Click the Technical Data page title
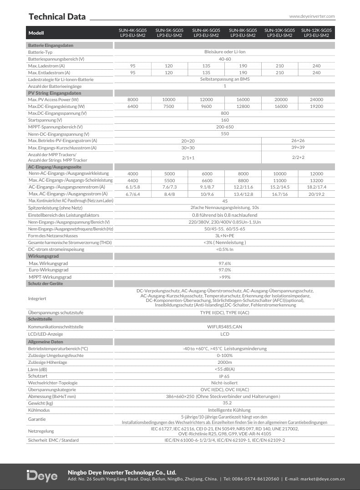(x=57, y=17)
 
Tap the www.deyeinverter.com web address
(x=312, y=16)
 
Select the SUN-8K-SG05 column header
(x=243, y=33)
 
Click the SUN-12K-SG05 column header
(x=317, y=33)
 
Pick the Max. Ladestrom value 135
(x=206, y=66)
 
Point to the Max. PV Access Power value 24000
(x=316, y=100)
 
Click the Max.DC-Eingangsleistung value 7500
(x=169, y=107)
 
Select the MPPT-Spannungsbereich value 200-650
(x=225, y=127)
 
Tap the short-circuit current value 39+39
(x=298, y=148)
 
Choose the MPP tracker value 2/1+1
(x=188, y=158)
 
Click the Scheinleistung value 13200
(x=316, y=180)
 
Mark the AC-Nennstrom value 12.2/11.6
(x=243, y=187)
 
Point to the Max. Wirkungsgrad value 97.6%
(x=225, y=264)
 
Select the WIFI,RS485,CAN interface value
(x=225, y=327)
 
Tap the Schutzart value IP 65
(x=225, y=377)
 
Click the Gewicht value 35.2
(x=225, y=403)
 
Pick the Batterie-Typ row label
(x=40, y=52)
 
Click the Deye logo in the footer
(x=42, y=476)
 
